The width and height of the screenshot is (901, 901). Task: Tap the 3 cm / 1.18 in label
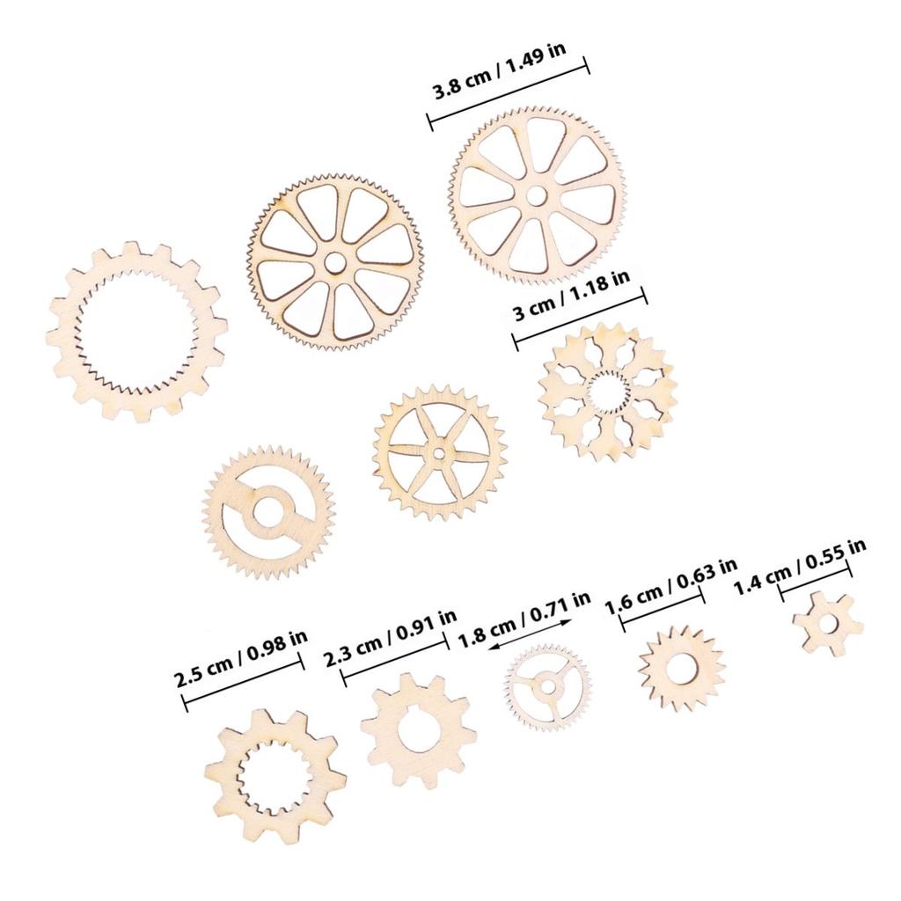coord(571,299)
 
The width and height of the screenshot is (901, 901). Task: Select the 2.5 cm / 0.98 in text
coord(240,656)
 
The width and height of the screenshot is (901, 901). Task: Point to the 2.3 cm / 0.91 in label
coord(390,634)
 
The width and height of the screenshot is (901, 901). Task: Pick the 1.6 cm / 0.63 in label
coord(670,584)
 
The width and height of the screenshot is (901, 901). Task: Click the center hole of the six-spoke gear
coord(439,452)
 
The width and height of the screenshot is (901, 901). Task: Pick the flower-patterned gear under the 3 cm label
coord(606,391)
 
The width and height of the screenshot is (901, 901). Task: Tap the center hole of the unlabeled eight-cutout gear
coord(334,262)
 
